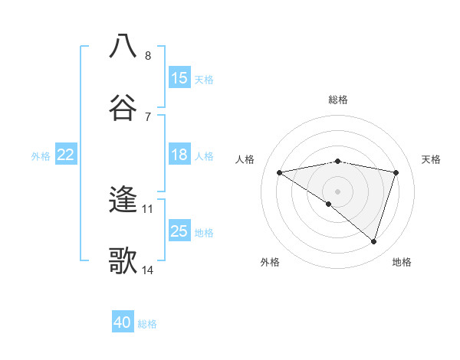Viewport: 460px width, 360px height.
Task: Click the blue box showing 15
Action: (179, 78)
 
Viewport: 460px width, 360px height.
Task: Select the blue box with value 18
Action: (179, 155)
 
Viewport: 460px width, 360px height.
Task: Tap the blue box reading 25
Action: (179, 231)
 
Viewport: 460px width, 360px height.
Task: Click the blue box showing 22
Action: (66, 155)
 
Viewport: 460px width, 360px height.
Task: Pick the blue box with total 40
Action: (123, 322)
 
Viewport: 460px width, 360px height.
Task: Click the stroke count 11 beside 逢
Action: (148, 208)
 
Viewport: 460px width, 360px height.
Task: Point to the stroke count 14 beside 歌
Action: (148, 270)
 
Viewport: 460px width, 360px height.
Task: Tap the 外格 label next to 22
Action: (41, 155)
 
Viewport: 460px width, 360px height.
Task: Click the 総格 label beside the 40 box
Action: (147, 324)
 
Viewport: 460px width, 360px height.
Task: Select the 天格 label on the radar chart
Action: (432, 159)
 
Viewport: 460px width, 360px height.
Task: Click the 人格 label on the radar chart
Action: (246, 159)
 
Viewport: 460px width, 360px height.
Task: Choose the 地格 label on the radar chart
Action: (402, 262)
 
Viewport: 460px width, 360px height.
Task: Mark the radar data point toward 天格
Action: (396, 172)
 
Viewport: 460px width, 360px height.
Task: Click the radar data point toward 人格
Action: (280, 172)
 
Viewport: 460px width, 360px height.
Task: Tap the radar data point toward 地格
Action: (373, 241)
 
